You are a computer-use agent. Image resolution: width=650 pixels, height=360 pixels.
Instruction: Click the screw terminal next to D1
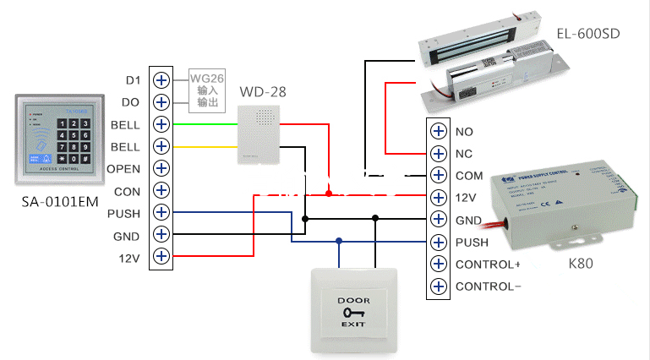[161, 80]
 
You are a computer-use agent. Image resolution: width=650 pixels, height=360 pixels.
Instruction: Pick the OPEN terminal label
[123, 168]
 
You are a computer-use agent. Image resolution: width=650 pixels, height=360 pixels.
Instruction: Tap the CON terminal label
[127, 191]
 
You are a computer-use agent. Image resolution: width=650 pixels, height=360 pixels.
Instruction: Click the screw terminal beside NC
[438, 154]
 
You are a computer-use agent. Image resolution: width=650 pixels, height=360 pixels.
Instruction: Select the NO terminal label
[464, 132]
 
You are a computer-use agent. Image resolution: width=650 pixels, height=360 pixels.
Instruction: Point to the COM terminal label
[469, 176]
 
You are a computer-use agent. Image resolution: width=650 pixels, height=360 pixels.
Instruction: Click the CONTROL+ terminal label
[487, 265]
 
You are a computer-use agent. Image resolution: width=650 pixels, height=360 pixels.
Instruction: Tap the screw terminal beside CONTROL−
[438, 286]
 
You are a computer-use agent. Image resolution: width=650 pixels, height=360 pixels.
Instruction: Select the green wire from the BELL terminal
[203, 124]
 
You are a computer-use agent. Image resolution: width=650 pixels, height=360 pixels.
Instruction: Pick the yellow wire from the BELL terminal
[203, 146]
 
